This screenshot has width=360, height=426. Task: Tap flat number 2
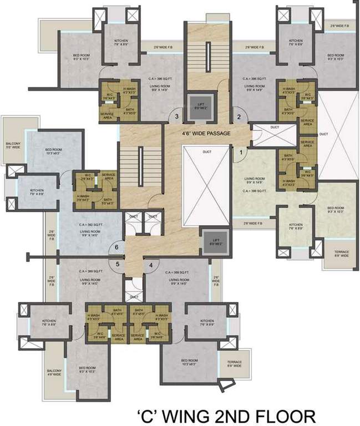coord(239,116)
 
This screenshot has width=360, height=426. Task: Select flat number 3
coord(177,116)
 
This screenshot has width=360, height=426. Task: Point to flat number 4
coord(150,265)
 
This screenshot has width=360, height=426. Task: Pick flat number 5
coord(117,265)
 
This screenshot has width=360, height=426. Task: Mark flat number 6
coord(117,247)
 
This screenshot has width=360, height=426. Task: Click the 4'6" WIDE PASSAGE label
coord(206,134)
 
